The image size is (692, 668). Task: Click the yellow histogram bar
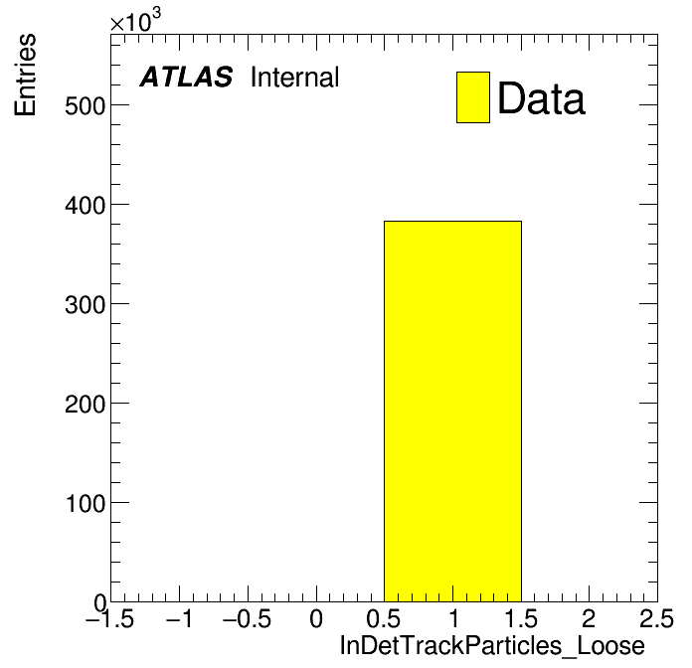coord(452,412)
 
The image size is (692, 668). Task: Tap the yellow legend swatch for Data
coord(473,97)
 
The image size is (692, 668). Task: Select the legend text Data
coord(541,98)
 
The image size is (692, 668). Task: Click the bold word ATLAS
coord(186,77)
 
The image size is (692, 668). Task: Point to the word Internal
coord(295,77)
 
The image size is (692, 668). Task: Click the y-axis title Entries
coord(25,75)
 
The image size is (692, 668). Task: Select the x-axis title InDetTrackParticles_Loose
coord(492,646)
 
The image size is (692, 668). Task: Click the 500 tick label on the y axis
coord(86,106)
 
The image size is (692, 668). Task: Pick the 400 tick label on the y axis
coord(86,206)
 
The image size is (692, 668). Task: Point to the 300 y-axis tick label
coord(86,305)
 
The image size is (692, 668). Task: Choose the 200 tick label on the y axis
coord(86,405)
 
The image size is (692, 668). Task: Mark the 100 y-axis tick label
coord(86,503)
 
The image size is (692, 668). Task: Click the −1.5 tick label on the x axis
coord(110,618)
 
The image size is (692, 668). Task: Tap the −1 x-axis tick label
coord(179,618)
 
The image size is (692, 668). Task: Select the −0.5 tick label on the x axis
coord(248,618)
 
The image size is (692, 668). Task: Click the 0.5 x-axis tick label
coord(384,618)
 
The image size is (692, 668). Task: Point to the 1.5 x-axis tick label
coord(521,618)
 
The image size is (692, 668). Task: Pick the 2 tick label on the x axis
coord(589,618)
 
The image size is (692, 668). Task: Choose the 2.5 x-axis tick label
coord(657,618)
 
